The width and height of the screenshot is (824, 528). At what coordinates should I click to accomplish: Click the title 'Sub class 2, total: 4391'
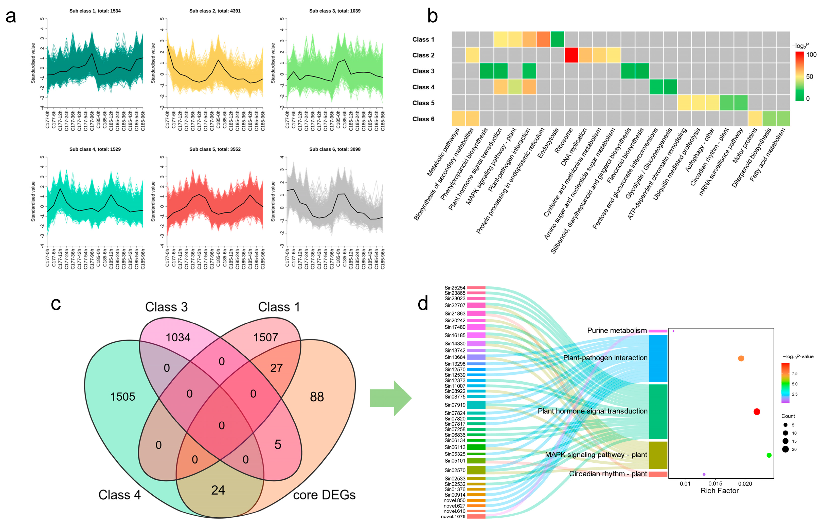click(215, 11)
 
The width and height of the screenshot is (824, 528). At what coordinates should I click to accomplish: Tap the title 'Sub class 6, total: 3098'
click(335, 149)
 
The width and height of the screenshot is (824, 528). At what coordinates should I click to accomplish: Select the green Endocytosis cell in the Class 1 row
click(557, 39)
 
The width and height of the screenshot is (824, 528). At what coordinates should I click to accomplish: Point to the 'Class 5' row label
click(423, 103)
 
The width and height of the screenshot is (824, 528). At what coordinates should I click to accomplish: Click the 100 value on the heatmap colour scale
click(811, 54)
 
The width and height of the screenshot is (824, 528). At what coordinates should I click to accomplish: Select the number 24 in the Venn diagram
click(218, 490)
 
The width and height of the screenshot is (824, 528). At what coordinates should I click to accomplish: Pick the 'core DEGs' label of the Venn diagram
click(324, 495)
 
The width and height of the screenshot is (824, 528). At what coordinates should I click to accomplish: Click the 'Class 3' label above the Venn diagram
click(166, 307)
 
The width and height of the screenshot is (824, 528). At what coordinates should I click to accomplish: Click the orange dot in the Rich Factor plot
click(741, 358)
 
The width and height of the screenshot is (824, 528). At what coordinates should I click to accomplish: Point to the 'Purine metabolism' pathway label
click(617, 330)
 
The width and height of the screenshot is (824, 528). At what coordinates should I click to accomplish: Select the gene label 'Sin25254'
click(455, 288)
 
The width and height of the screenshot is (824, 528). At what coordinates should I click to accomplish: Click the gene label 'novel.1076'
click(453, 516)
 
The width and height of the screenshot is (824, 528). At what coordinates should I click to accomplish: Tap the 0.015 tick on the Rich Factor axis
click(715, 484)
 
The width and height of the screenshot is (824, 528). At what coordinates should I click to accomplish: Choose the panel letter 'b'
click(433, 16)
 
